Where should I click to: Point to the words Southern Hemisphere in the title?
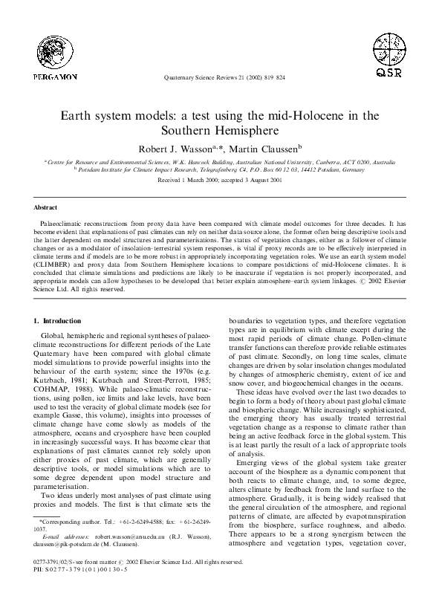coord(221,132)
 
